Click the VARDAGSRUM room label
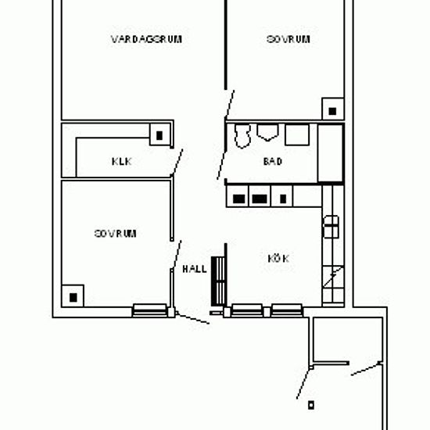(x=146, y=39)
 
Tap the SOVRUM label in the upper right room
(x=288, y=39)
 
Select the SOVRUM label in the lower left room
(x=115, y=234)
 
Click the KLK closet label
(x=122, y=162)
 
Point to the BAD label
(x=273, y=161)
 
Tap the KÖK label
(x=278, y=259)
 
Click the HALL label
(x=195, y=269)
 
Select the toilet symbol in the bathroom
(x=242, y=136)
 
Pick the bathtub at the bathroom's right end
(x=331, y=153)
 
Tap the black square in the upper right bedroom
(x=332, y=111)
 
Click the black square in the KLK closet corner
(x=159, y=135)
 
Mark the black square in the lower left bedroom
(x=73, y=298)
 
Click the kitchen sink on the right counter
(x=331, y=227)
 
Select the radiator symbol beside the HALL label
(x=218, y=281)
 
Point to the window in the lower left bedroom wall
(x=150, y=310)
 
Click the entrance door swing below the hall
(x=192, y=318)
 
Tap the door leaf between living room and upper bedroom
(x=230, y=104)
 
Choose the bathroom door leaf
(x=221, y=165)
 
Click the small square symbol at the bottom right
(x=311, y=405)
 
